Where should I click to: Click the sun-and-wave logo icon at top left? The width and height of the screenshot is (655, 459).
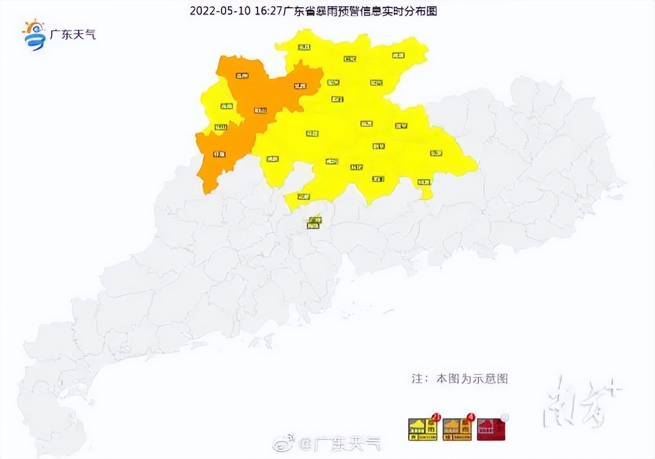click(34, 35)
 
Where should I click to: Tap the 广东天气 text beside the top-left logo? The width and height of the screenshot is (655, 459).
click(72, 35)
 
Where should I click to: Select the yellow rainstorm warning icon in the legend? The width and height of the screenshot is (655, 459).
click(422, 429)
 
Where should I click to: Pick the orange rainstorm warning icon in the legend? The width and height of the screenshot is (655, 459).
click(457, 429)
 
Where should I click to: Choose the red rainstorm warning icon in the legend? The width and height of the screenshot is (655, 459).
click(491, 429)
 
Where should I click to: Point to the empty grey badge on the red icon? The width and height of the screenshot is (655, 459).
click(505, 417)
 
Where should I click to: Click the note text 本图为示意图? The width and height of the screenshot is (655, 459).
click(471, 379)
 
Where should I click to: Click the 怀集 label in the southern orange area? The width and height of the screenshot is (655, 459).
click(219, 153)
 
